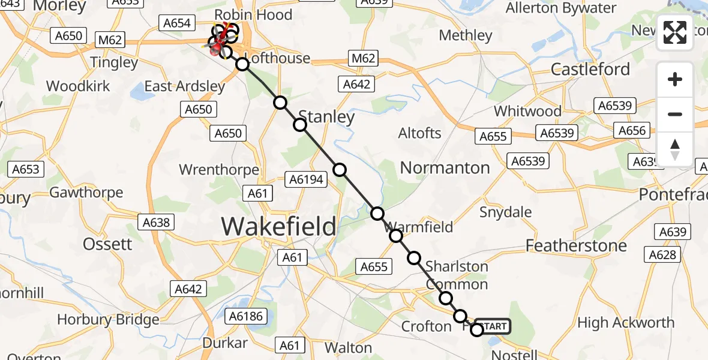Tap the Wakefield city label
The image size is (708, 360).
[x=279, y=227]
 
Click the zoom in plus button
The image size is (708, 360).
[x=675, y=80]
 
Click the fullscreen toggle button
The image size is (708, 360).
[x=675, y=32]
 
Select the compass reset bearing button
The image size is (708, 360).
[x=675, y=149]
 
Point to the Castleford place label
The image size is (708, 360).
[x=590, y=69]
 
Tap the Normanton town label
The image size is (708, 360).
[x=445, y=168]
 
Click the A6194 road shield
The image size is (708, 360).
[x=306, y=179]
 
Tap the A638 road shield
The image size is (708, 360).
[x=157, y=223]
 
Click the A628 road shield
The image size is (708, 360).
[x=662, y=255]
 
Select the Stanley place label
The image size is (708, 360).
[x=326, y=116]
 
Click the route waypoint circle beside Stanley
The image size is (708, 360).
[x=300, y=125]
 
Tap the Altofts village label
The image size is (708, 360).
[x=419, y=133]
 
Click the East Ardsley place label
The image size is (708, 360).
[x=185, y=86]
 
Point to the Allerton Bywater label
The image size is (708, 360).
[x=561, y=8]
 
